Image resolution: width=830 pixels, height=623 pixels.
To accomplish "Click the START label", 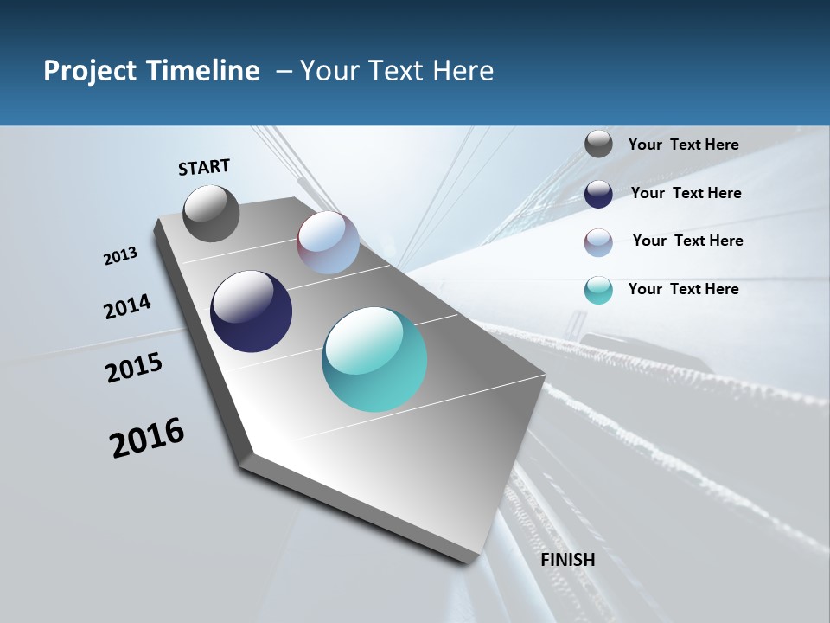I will pos(204,166).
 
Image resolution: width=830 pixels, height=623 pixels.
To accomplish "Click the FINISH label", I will pos(568,560).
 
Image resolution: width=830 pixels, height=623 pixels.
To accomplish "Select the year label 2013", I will pos(120,256).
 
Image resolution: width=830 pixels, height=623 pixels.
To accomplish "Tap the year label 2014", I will pos(127,307).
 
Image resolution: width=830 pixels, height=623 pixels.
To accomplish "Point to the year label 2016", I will pos(147,438).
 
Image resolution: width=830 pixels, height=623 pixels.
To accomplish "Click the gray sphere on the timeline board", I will pos(211,213).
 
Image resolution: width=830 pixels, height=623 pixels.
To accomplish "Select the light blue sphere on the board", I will pos(328,242).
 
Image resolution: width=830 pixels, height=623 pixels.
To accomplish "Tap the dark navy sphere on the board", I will pos(251,311).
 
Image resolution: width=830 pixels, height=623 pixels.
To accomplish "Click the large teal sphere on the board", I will pos(374,359).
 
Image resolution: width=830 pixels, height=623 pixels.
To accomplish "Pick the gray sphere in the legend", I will pos(598,144).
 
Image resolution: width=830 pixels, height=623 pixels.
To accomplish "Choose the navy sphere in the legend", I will pos(598,194).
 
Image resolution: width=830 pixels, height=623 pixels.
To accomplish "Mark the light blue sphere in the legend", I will pos(598,242).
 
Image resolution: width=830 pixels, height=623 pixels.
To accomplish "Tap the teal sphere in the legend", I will pos(598,290).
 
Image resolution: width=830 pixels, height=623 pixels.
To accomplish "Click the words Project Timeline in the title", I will pos(151,71).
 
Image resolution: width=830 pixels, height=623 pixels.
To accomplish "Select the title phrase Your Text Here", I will pos(397,71).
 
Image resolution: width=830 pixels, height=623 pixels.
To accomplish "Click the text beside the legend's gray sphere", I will pos(683,145).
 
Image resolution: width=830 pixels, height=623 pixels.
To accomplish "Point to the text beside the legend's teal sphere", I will pos(683,289).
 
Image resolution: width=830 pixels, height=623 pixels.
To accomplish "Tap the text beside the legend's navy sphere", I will pos(686,193).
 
